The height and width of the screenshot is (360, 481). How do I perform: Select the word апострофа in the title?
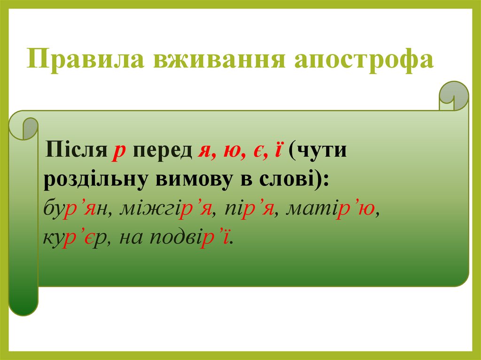[364, 60]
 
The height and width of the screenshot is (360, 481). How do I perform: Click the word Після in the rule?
[76, 150]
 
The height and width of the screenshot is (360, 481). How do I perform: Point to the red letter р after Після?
[119, 153]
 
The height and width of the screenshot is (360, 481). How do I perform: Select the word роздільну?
[95, 180]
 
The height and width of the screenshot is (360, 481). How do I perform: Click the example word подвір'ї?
[190, 237]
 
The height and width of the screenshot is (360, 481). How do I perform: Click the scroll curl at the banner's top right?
[453, 96]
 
